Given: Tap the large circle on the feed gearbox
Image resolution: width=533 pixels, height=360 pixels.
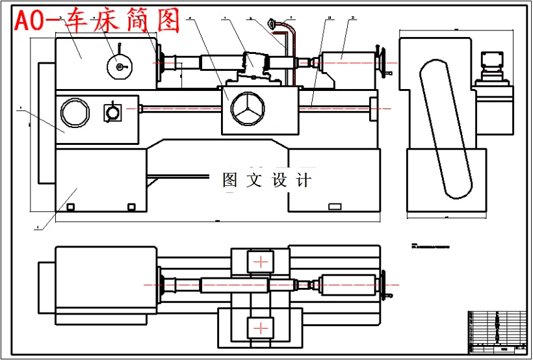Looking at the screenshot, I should click(74, 112).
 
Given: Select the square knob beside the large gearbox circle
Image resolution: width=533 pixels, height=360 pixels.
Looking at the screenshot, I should click(113, 113).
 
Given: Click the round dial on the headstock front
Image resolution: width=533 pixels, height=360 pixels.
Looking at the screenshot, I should click(118, 66).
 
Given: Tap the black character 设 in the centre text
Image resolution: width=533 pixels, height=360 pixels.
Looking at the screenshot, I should click(279, 180).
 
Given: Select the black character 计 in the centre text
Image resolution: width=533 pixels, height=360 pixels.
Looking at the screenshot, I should click(303, 180).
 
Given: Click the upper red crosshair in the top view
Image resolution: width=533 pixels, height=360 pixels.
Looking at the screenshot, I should click(261, 262).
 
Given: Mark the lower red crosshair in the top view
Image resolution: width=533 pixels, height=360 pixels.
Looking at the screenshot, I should click(261, 326).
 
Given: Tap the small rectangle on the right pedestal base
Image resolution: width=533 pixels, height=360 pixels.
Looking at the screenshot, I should click(335, 207).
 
